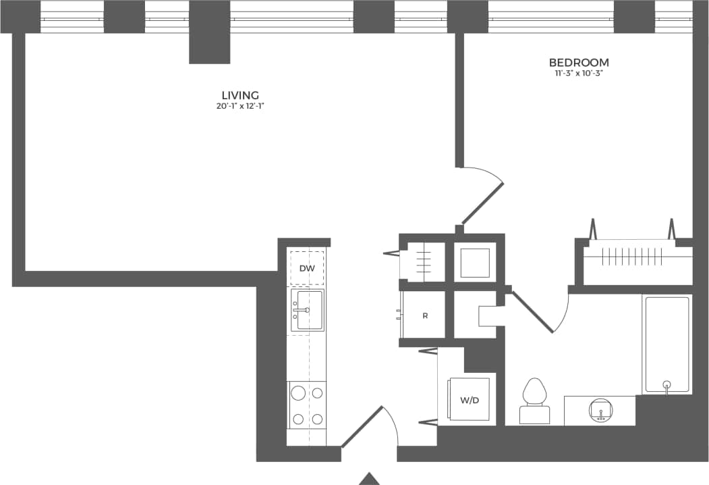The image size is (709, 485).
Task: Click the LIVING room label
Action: coord(241,95)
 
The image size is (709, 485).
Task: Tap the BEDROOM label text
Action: coord(579,63)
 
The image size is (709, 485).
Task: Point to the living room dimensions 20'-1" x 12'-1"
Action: coord(241,106)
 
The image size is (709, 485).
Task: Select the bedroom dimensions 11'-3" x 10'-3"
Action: coord(579,73)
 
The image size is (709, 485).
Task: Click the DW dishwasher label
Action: coord(307,268)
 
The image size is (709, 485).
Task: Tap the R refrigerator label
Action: coord(425,315)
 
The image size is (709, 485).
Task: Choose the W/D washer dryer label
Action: coord(470,400)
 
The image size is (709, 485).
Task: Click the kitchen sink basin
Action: coord(308,310)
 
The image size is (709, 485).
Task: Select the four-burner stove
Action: coord(307,404)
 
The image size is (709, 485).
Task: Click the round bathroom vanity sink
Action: coord(600,410)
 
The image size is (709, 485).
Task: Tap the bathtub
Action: coord(667,344)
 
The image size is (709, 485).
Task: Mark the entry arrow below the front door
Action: coord(369,478)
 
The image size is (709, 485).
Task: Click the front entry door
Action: coord(363,426)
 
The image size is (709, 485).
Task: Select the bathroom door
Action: coord(533,312)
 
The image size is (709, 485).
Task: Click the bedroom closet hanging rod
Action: coord(629,257)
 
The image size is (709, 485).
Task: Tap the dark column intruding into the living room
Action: coord(210,47)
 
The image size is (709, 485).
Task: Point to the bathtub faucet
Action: coord(667,386)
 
